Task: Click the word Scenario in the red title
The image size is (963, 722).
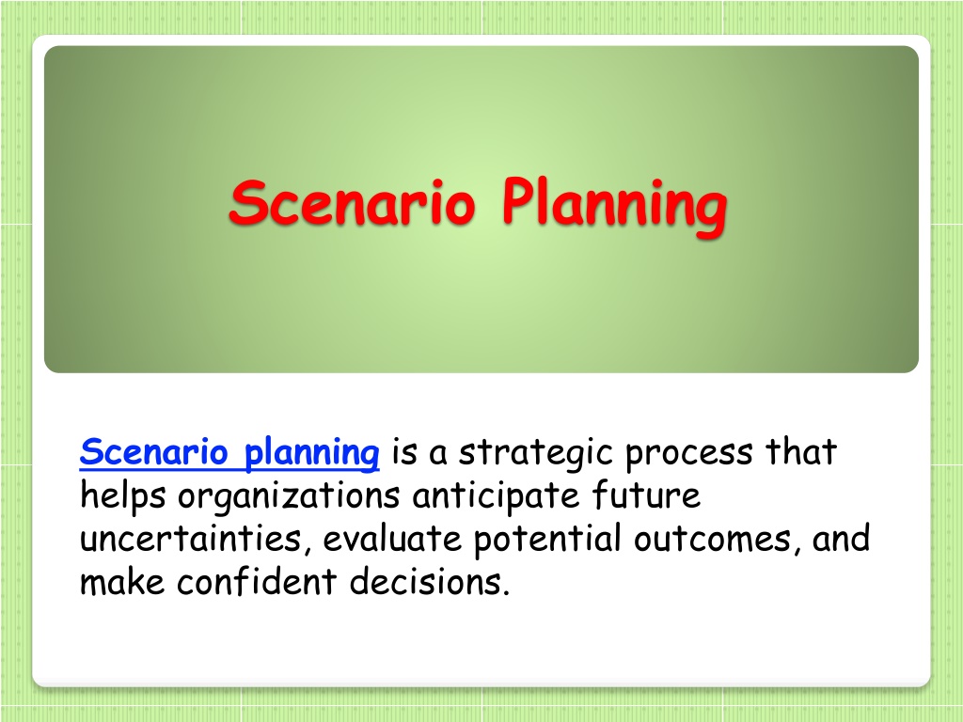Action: coord(352,202)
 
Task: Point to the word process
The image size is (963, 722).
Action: coord(688,455)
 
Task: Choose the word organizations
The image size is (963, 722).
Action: coord(289,496)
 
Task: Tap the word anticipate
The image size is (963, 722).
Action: coord(497,496)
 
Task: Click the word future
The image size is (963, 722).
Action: coord(646,494)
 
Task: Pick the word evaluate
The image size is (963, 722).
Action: coord(392,539)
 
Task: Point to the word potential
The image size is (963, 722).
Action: coord(547,540)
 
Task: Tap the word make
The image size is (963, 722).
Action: coord(123,581)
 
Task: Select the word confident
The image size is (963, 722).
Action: coord(257,581)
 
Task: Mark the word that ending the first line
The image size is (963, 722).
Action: coord(801,452)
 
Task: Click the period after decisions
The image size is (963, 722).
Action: coord(507,592)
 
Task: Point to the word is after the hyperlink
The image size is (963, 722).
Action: coord(404,453)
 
